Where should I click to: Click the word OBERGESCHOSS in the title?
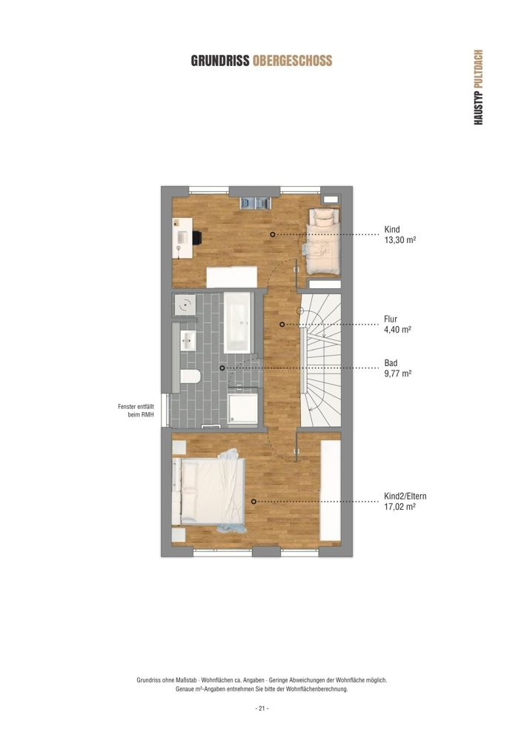[x=293, y=61]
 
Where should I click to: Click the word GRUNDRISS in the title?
[x=220, y=61]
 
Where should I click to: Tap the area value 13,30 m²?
[x=399, y=240]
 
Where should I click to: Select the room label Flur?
[x=391, y=319]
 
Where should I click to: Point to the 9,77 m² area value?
[x=398, y=373]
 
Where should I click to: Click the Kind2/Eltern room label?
[x=405, y=496]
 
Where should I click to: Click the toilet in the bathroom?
[x=190, y=376]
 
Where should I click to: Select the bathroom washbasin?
[x=188, y=340]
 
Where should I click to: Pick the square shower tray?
[x=243, y=409]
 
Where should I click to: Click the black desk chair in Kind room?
[x=196, y=237]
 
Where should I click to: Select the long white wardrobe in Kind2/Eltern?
[x=331, y=491]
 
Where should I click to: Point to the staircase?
[x=321, y=360]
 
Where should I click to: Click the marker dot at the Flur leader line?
[x=282, y=325]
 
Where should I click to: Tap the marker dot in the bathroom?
[x=222, y=368]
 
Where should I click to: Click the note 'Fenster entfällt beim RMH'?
[x=136, y=411]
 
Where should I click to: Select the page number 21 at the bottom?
[x=262, y=708]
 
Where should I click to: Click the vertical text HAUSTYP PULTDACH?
[x=478, y=87]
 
